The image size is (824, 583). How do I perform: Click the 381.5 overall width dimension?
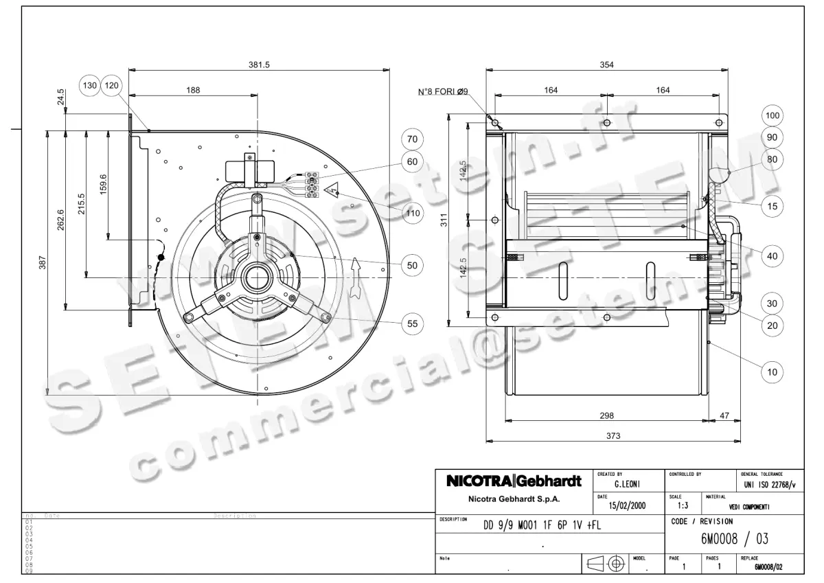click(x=259, y=64)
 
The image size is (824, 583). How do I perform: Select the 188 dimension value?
click(x=193, y=91)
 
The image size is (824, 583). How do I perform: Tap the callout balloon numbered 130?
click(x=91, y=86)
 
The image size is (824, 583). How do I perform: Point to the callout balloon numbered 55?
click(x=412, y=323)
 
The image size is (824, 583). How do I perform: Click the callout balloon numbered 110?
click(x=412, y=213)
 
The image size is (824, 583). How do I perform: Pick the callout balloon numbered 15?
click(x=772, y=205)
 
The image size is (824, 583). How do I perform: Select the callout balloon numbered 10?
click(x=772, y=372)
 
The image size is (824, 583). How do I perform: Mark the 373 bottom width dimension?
click(x=613, y=435)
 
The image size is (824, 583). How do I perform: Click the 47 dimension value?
click(x=724, y=415)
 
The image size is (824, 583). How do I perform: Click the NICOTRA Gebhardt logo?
click(x=514, y=481)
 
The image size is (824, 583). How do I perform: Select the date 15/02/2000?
click(x=628, y=506)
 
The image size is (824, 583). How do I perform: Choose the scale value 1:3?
click(x=675, y=505)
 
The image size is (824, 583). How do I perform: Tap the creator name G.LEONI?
click(x=628, y=485)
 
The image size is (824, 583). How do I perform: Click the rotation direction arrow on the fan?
click(x=355, y=277)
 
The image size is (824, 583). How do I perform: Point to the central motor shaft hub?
click(x=258, y=277)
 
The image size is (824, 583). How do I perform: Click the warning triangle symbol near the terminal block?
click(x=332, y=189)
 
